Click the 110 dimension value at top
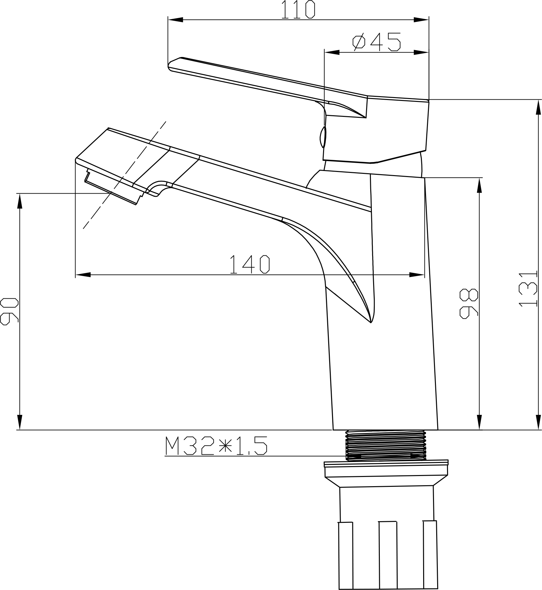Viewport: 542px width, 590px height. pos(298,10)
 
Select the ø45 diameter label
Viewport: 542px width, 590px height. pos(376,42)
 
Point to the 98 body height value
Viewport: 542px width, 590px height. pos(469,303)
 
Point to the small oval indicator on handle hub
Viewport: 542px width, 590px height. pos(323,137)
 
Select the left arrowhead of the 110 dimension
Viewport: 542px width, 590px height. pos(176,20)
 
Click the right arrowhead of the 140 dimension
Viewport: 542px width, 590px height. pos(417,274)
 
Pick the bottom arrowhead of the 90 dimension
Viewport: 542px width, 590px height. pos(20,422)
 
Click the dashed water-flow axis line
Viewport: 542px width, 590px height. pos(124,175)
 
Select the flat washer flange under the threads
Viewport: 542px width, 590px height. pos(386,463)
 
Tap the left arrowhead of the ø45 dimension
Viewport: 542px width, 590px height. pos(332,52)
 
